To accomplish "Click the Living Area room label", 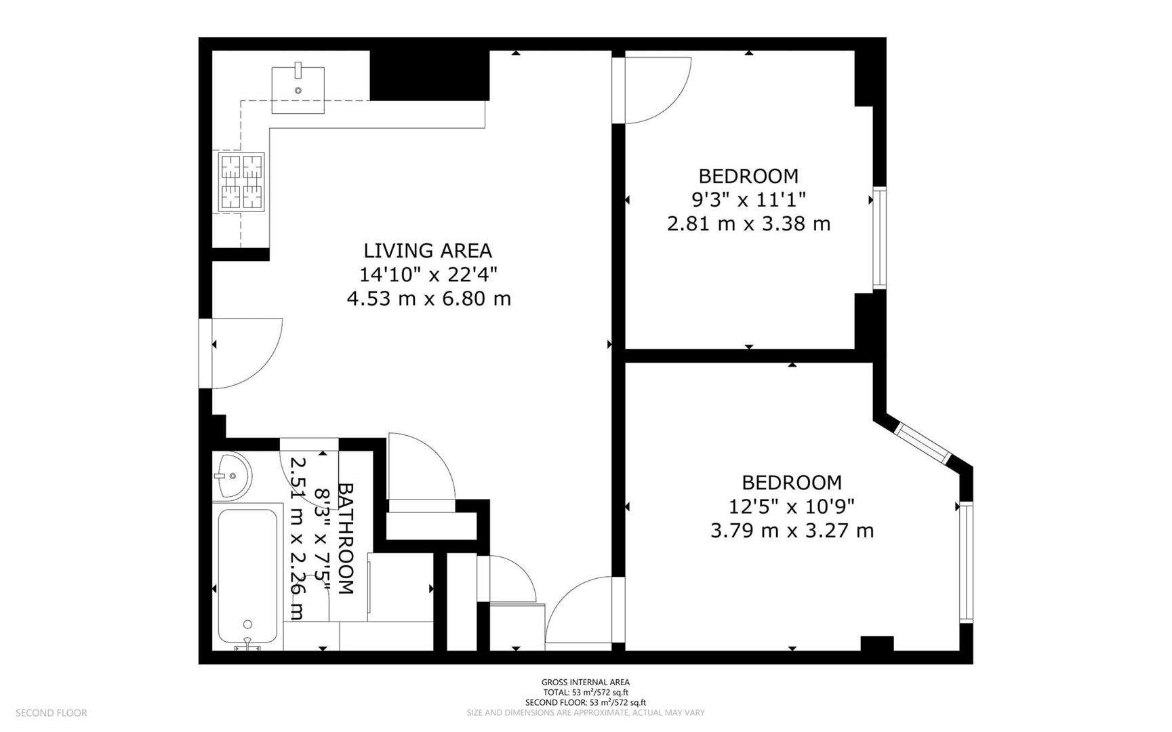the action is (x=428, y=251).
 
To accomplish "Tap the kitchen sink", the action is (x=298, y=89).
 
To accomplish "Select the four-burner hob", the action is (x=241, y=182).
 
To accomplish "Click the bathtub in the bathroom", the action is (x=247, y=577).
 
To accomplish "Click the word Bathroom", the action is (x=346, y=539).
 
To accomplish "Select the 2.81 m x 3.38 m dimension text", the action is (x=749, y=224).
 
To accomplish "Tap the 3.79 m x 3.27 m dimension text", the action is (x=792, y=530).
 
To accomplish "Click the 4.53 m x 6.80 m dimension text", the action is (x=429, y=298).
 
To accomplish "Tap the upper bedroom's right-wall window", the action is (x=879, y=238).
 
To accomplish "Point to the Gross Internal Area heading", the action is (x=586, y=683).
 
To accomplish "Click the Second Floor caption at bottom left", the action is (x=52, y=713).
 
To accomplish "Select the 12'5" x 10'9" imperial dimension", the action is (x=792, y=506).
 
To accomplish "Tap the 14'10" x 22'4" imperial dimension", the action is (x=428, y=274).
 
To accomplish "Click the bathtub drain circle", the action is (x=248, y=624).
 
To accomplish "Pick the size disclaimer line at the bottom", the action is (x=586, y=713).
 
